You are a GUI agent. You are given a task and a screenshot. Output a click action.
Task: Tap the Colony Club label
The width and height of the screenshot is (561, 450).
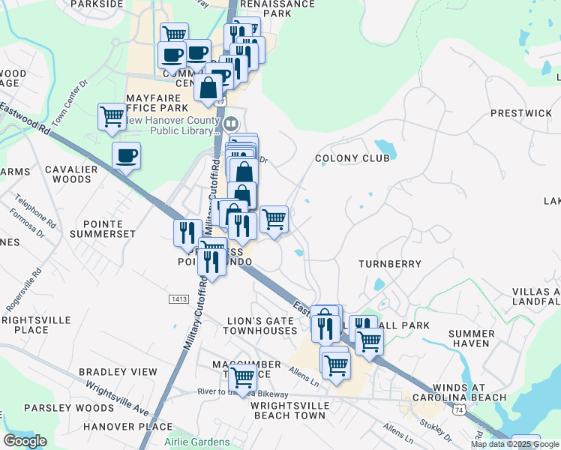pyautogui.click(x=352, y=158)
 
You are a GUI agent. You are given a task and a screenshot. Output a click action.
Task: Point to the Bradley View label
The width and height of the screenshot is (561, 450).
pyautogui.click(x=118, y=372)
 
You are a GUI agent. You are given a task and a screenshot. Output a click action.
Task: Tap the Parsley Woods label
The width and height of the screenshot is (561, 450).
pyautogui.click(x=58, y=408)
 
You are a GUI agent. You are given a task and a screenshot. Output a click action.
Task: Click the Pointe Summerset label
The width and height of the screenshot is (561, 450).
pyautogui.click(x=103, y=228)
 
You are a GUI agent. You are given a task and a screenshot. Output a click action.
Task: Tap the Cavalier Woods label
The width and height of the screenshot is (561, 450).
pyautogui.click(x=71, y=174)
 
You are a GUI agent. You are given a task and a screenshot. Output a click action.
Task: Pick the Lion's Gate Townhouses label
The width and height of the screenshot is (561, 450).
pyautogui.click(x=262, y=325)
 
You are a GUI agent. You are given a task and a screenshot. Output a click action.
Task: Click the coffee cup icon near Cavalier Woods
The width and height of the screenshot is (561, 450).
pyautogui.click(x=126, y=155)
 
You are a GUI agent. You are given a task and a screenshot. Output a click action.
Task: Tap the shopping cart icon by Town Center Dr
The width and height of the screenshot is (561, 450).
pyautogui.click(x=112, y=116)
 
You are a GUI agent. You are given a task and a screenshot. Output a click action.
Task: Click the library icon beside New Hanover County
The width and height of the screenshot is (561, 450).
pyautogui.click(x=231, y=123)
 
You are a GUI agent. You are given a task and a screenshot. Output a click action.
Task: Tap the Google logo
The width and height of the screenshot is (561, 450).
pyautogui.click(x=25, y=440)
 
